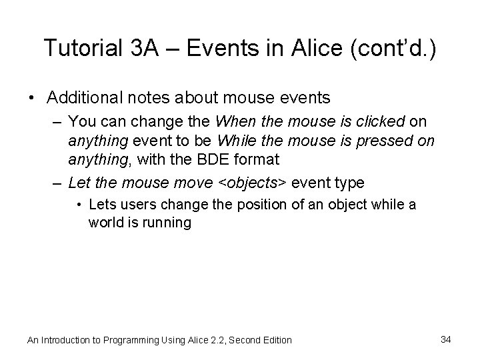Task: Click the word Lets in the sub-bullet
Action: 101,204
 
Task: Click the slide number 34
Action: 446,339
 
